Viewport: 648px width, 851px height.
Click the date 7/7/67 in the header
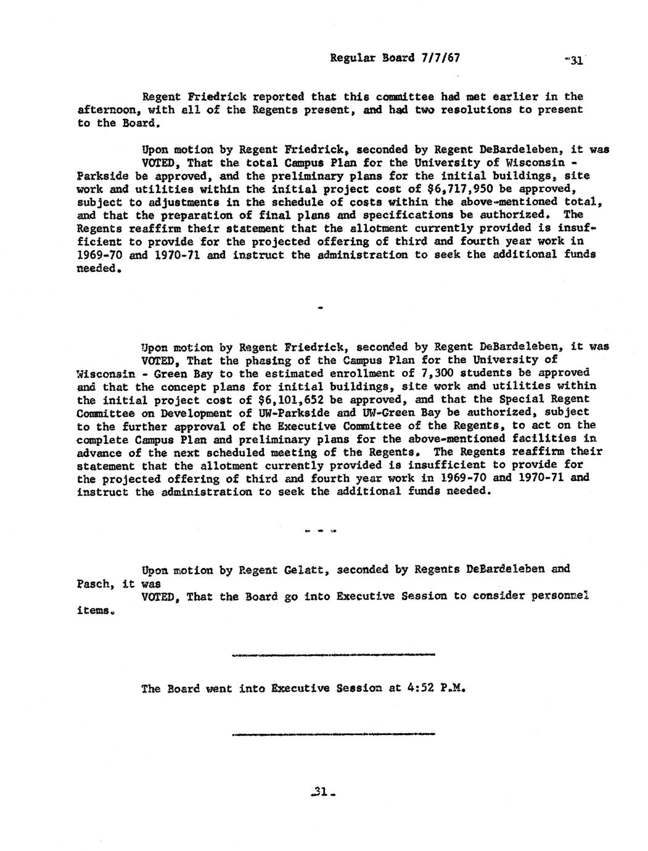point(440,59)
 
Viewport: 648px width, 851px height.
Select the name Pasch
point(93,583)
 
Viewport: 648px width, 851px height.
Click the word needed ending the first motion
point(96,268)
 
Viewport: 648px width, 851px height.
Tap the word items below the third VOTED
point(94,610)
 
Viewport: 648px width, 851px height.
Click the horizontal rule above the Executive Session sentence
point(333,654)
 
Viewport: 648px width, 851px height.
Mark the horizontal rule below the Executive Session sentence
point(333,734)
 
